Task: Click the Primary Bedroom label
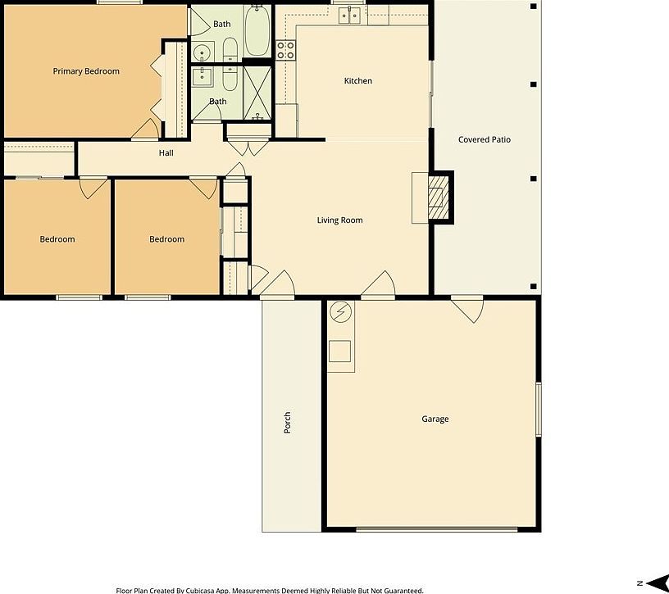tap(86, 71)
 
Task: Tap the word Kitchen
tap(357, 81)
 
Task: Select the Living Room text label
tap(339, 220)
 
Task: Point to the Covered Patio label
tap(484, 140)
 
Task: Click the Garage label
tap(435, 419)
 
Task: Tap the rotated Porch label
tap(287, 423)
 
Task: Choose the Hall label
tap(166, 153)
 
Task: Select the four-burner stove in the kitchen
tap(285, 50)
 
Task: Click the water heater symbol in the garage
tap(340, 312)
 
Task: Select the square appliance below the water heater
tap(340, 351)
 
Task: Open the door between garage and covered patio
tap(469, 308)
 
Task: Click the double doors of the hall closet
tap(248, 147)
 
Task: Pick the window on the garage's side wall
tap(538, 409)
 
